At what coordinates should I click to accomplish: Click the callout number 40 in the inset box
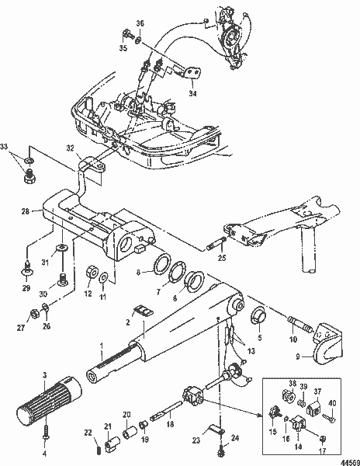point(331,402)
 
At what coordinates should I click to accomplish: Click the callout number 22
point(88,432)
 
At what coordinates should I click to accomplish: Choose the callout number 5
point(259,339)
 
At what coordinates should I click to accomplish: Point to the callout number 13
point(250,352)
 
